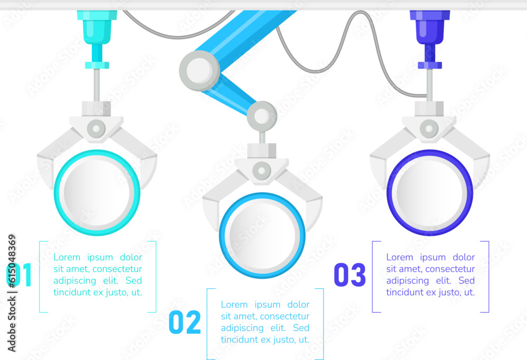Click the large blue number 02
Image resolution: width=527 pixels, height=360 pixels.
[185, 322]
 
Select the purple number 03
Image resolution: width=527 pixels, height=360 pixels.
[350, 275]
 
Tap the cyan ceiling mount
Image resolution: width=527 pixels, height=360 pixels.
[97, 27]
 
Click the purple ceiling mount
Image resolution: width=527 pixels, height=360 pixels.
[430, 27]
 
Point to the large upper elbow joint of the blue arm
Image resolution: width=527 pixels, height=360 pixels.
[200, 71]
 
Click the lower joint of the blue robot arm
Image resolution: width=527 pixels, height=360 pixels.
[262, 116]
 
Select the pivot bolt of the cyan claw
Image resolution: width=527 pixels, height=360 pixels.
[96, 129]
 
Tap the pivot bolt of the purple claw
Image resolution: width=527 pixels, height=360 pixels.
[429, 129]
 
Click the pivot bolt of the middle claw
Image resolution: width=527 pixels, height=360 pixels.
[262, 170]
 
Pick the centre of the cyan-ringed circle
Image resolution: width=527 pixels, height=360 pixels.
[97, 192]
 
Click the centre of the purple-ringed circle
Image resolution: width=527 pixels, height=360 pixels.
[430, 192]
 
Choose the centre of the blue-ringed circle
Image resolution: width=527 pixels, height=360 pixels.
[262, 235]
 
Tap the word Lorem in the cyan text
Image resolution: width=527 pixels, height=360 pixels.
[67, 257]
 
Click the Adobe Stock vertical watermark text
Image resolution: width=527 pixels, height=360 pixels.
[12, 293]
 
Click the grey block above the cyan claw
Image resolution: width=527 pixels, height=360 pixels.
[96, 109]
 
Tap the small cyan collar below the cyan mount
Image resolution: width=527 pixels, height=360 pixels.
[97, 65]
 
